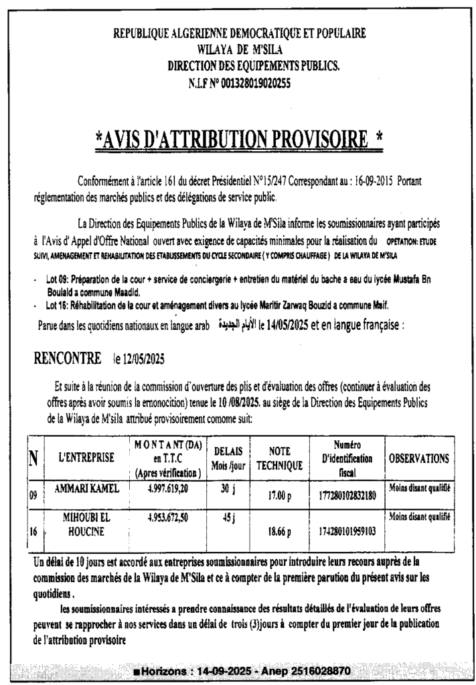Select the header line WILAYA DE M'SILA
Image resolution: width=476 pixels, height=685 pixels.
(238, 47)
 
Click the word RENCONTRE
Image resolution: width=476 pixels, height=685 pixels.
(68, 358)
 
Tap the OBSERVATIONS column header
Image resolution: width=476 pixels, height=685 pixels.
(418, 459)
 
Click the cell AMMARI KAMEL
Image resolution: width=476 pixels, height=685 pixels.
(86, 489)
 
